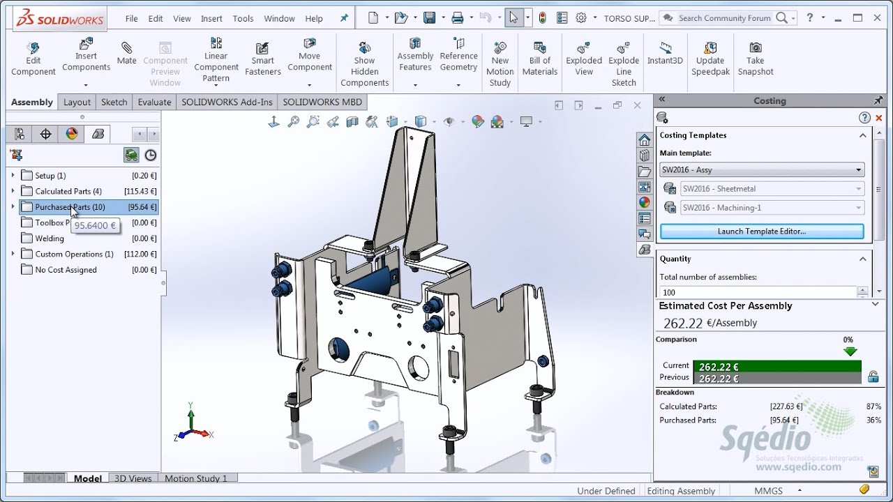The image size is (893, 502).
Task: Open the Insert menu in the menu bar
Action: coord(211,19)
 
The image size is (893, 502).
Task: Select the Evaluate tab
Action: coord(154,102)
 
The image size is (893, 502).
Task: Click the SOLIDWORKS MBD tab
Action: coord(322,102)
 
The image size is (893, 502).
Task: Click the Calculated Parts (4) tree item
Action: coord(68,191)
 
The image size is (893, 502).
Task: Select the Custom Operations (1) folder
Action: coord(74,254)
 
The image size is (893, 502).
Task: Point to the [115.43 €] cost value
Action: coord(140,191)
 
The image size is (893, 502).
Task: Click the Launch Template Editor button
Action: coord(761,231)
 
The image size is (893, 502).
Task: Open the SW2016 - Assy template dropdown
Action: coord(761,169)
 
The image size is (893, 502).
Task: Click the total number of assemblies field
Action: coord(757,293)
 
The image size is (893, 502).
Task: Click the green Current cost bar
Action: coord(777,367)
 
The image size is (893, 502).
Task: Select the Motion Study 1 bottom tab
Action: coord(196,478)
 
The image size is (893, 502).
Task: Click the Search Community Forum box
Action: coord(724,18)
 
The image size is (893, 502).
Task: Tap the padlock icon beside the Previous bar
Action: coord(873,377)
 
